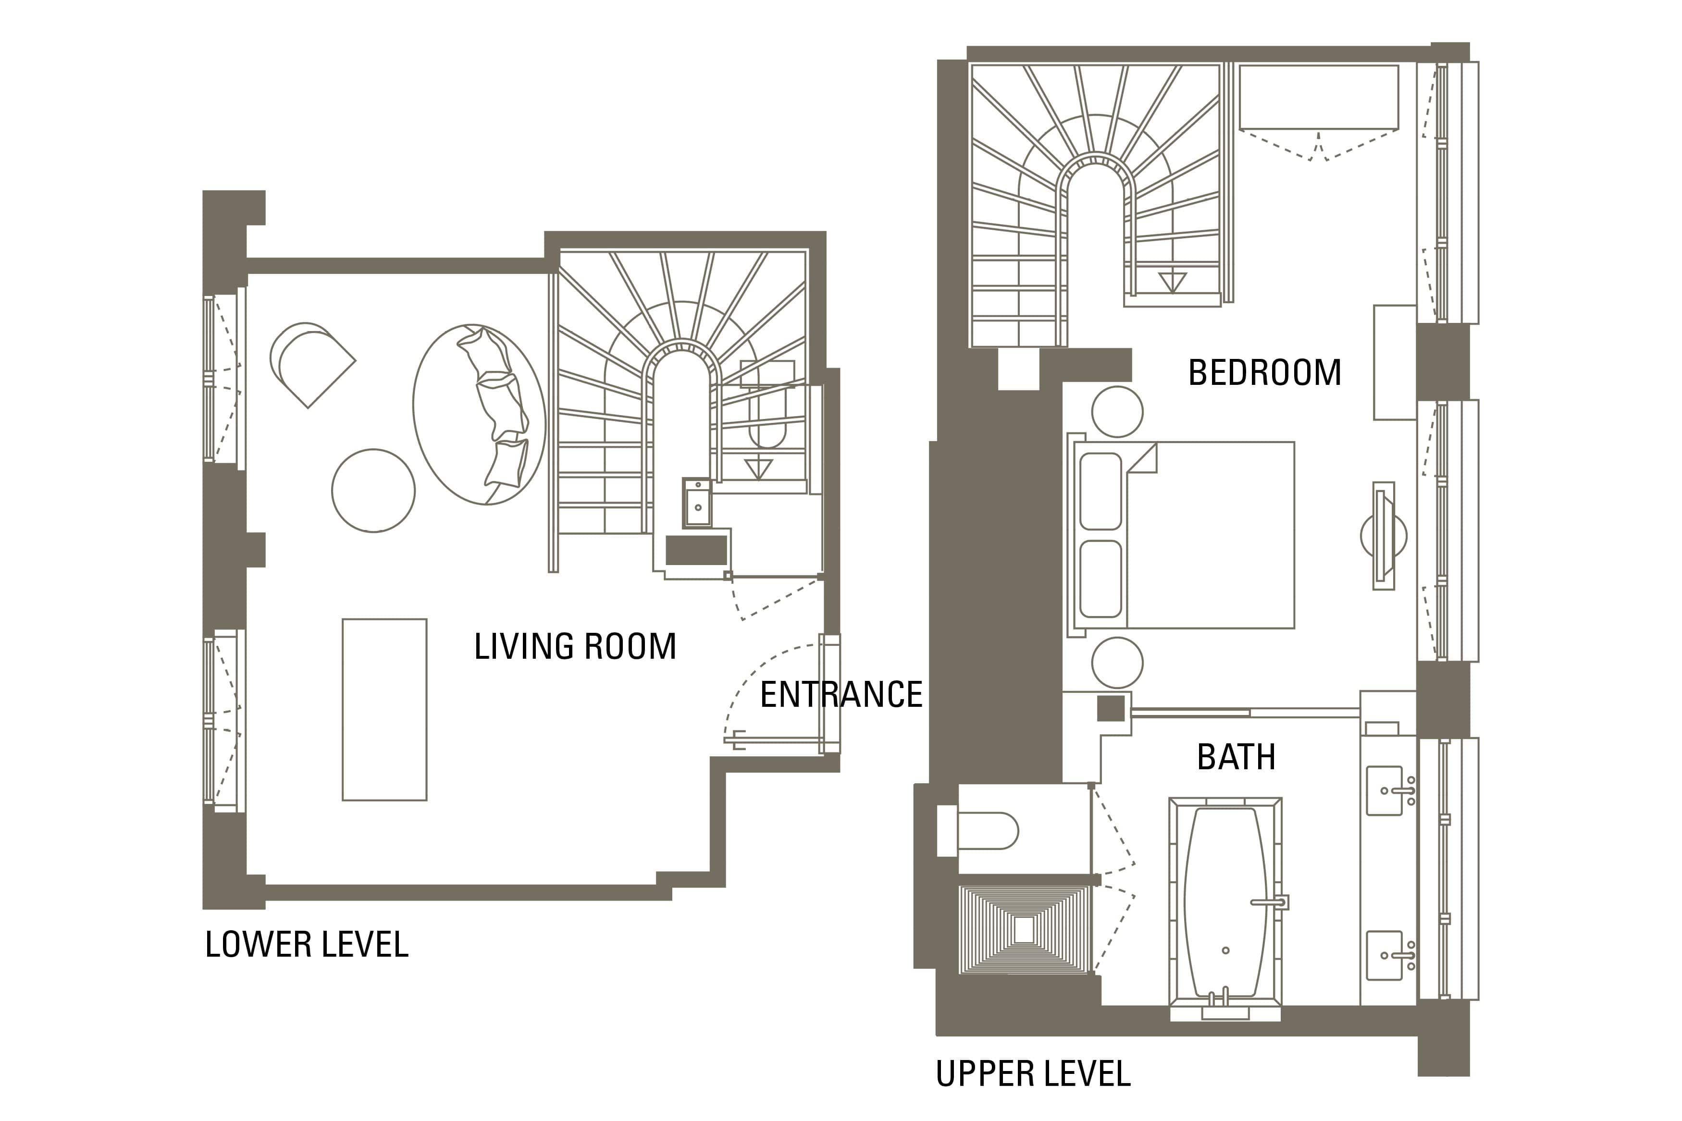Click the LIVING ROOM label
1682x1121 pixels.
575,646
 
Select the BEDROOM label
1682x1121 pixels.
1264,372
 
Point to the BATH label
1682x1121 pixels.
1236,757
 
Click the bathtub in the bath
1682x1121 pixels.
1225,908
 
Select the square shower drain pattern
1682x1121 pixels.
1024,929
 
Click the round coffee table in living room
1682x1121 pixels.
373,491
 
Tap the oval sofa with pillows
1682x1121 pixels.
479,415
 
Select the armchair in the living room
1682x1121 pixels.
312,365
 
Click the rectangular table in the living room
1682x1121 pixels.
384,709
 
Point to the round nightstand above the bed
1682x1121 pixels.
1117,412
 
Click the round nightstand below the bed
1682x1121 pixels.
1117,663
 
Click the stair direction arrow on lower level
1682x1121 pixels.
758,469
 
